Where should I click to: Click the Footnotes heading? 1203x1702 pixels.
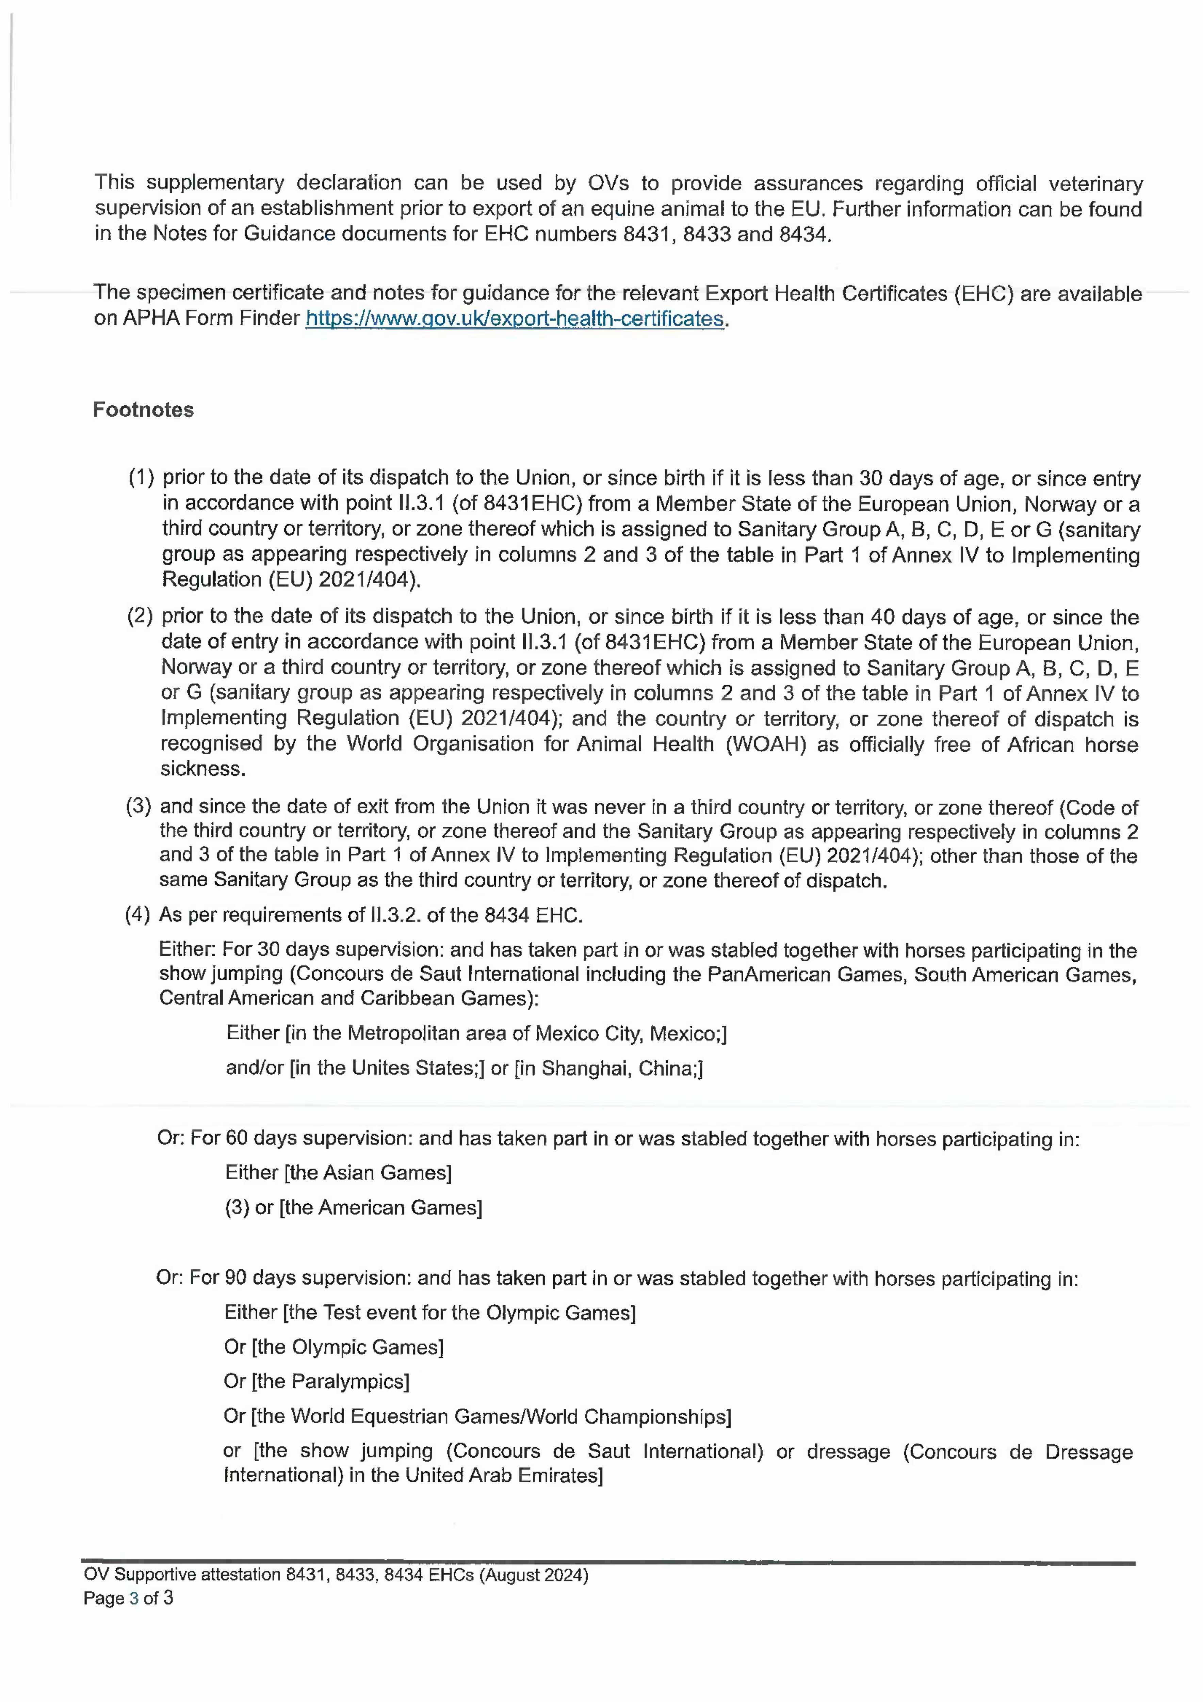point(143,410)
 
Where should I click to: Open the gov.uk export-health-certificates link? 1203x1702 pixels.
point(515,319)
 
